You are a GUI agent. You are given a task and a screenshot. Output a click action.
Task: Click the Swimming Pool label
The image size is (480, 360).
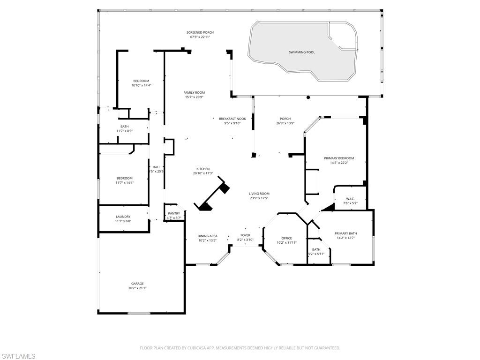(x=301, y=52)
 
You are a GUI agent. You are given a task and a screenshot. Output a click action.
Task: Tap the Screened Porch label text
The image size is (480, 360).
(x=202, y=32)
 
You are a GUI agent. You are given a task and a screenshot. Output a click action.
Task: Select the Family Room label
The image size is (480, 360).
(x=194, y=92)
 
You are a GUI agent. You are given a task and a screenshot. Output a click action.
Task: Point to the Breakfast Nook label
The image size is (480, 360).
(x=232, y=119)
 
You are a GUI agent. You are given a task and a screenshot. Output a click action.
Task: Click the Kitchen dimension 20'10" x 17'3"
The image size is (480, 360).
(x=203, y=173)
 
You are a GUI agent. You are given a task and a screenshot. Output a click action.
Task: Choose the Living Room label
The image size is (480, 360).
(x=259, y=194)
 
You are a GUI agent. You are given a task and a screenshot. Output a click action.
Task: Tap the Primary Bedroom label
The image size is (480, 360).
(x=339, y=158)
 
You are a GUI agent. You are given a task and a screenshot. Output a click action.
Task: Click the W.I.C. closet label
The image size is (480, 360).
(x=350, y=198)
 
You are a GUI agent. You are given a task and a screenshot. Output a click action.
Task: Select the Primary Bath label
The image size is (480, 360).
(x=345, y=233)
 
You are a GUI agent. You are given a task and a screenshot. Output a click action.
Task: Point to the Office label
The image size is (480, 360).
(x=286, y=238)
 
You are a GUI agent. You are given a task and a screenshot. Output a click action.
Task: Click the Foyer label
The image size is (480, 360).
(x=245, y=235)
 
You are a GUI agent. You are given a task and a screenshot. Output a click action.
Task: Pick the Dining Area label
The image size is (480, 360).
(x=207, y=236)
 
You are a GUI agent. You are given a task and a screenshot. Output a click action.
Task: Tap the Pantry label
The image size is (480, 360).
(x=174, y=213)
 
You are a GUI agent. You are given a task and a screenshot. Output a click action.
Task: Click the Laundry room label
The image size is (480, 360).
(x=123, y=217)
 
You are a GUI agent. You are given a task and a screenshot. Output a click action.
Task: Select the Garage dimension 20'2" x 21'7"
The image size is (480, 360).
(x=137, y=288)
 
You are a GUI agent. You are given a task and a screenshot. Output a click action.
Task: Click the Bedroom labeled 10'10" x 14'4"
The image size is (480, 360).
(x=141, y=81)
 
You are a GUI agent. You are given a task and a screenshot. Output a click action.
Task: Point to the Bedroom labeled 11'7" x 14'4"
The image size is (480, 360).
(x=124, y=178)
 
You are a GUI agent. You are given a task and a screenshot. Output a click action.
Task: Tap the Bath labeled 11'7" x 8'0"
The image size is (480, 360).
(x=124, y=126)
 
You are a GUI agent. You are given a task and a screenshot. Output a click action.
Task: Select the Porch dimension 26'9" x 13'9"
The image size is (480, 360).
(x=285, y=123)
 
